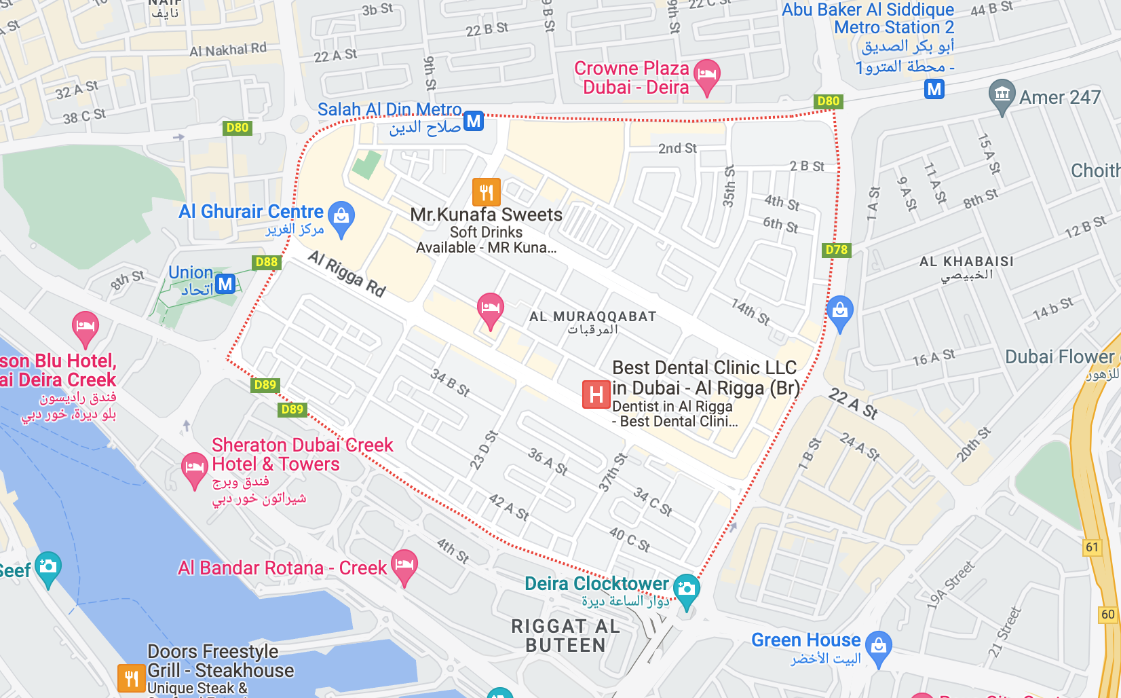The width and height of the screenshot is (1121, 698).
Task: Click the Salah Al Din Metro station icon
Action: (474, 122)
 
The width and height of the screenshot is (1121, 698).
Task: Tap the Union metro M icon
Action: (225, 283)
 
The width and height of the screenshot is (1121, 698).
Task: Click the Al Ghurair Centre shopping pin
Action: (341, 217)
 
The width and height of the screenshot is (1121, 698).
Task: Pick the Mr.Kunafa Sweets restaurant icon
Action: (487, 192)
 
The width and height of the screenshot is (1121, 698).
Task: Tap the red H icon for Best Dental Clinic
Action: (596, 394)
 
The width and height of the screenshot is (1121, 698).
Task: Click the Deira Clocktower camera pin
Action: (687, 589)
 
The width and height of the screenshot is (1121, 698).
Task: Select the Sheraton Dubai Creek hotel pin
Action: (194, 468)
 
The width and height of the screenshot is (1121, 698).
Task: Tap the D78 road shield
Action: (836, 250)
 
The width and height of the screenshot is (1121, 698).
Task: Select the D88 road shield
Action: (267, 262)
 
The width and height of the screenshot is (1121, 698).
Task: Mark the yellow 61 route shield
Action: (1092, 547)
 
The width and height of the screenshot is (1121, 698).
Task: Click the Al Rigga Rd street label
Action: (347, 274)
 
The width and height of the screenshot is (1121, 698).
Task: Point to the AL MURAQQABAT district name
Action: (592, 316)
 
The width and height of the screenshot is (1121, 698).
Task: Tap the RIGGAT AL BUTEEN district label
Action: (565, 636)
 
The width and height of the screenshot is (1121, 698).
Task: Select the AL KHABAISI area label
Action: (966, 261)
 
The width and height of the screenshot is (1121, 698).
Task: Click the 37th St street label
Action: (613, 472)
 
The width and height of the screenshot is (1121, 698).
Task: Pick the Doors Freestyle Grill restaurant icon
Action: (131, 677)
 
